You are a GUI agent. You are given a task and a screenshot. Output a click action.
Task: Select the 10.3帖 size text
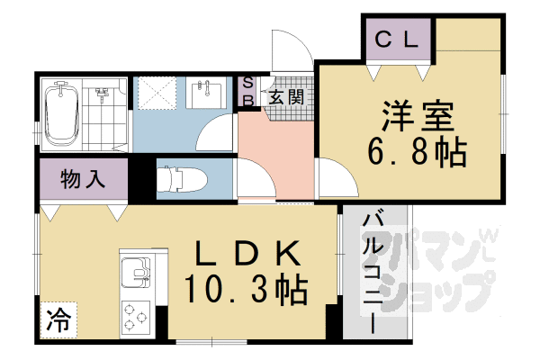click(x=246, y=290)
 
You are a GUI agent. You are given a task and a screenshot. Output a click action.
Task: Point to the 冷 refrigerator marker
click(x=57, y=317)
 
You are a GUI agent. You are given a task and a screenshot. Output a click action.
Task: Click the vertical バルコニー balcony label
click(x=371, y=270)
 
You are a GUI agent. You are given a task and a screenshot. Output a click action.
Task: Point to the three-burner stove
click(x=136, y=315)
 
